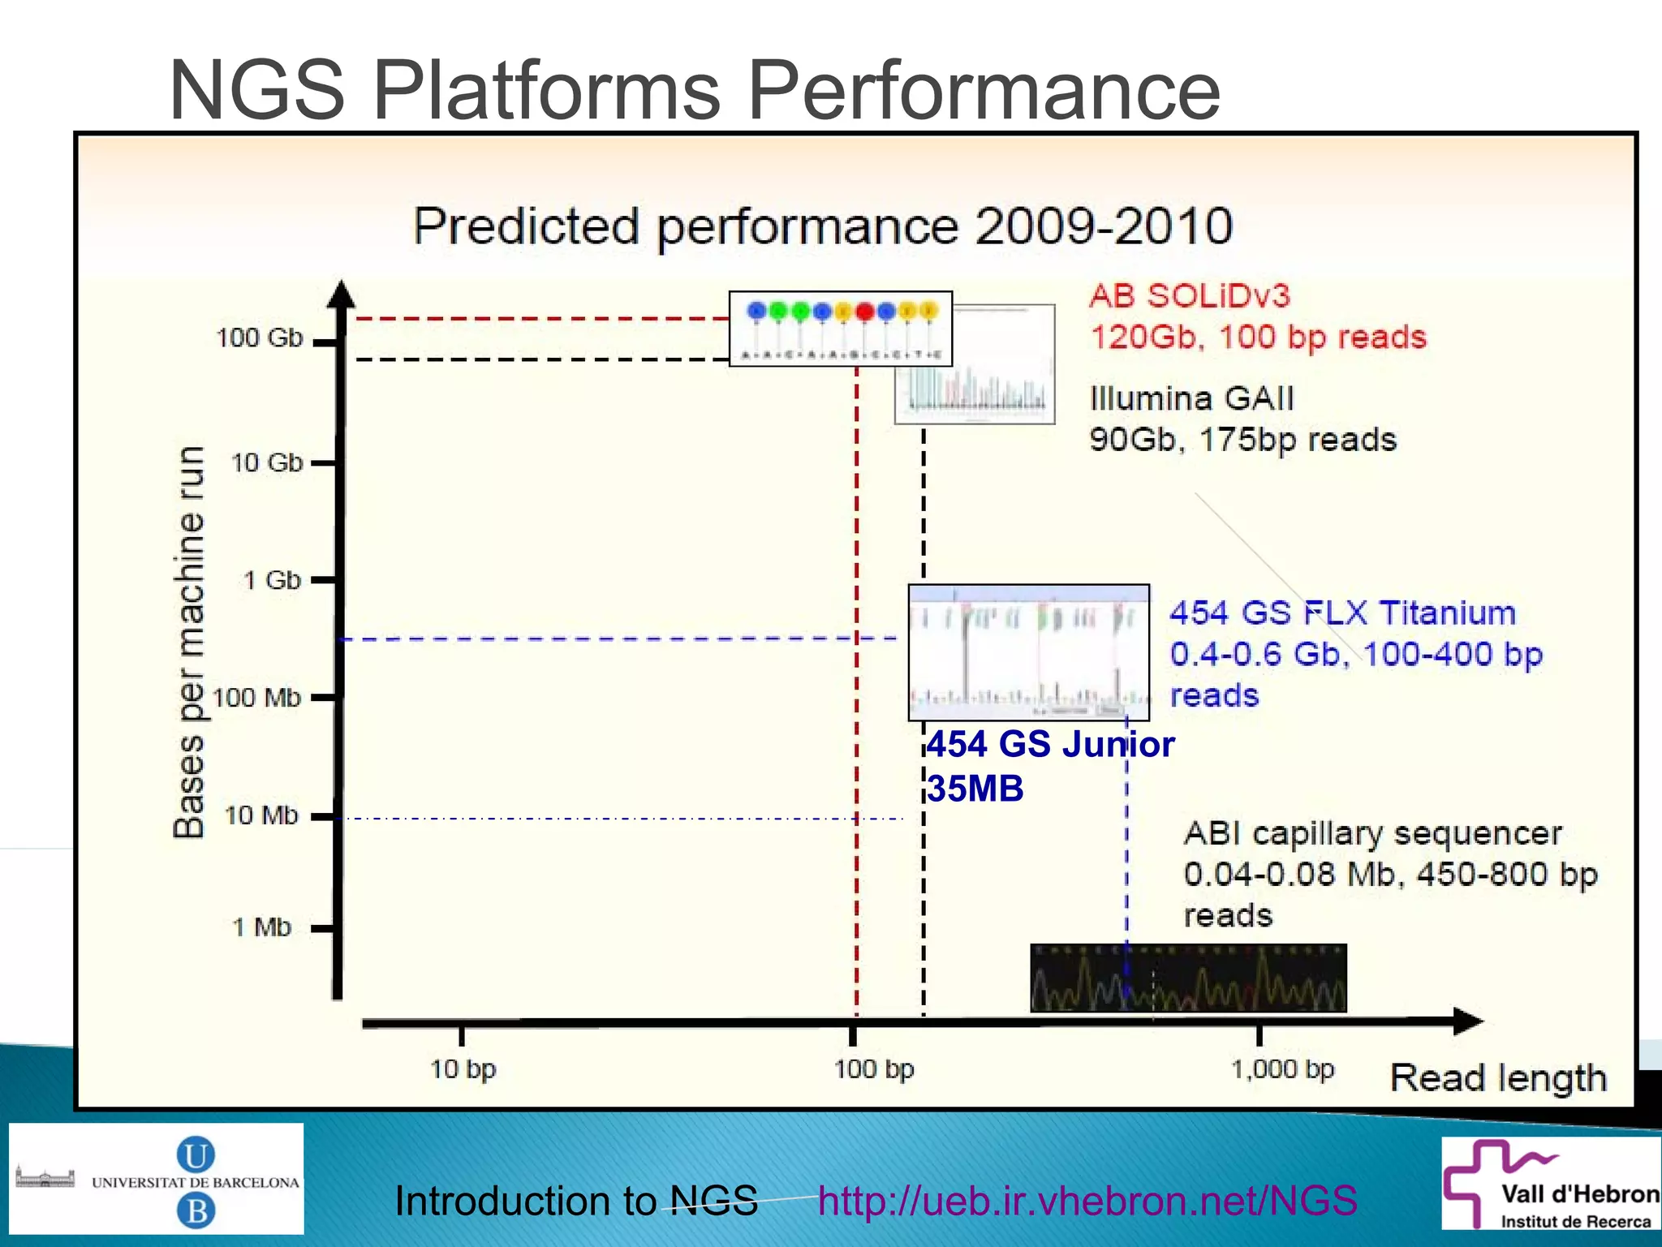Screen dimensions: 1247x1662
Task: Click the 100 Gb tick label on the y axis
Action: (x=259, y=337)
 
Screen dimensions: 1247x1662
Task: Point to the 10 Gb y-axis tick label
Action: (x=266, y=462)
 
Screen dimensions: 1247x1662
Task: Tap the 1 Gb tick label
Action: (x=272, y=580)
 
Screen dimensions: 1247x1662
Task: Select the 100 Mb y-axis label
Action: (x=256, y=698)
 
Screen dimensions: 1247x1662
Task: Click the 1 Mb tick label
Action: (x=261, y=927)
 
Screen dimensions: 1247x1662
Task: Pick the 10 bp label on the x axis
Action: (x=463, y=1069)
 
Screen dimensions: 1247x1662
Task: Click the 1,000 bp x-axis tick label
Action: (x=1282, y=1069)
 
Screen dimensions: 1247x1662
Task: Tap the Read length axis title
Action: (x=1498, y=1078)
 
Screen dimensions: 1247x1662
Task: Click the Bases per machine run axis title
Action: (x=189, y=641)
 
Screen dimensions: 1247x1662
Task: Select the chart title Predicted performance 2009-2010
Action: (x=823, y=226)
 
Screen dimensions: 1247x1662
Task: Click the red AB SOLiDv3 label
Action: (x=1190, y=296)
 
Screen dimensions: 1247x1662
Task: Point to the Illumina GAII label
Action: (x=1191, y=398)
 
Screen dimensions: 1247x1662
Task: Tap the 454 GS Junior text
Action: (x=1050, y=745)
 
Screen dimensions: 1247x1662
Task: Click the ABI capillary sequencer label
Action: (x=1371, y=833)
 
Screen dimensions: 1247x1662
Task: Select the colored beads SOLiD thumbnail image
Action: (x=840, y=329)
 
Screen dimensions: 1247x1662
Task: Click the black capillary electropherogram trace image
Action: (x=1188, y=978)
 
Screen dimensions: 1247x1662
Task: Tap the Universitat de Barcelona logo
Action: (x=157, y=1179)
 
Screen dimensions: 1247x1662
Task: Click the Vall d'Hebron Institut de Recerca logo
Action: (x=1551, y=1183)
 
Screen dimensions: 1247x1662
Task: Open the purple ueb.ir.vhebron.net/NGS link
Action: (x=1087, y=1201)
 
